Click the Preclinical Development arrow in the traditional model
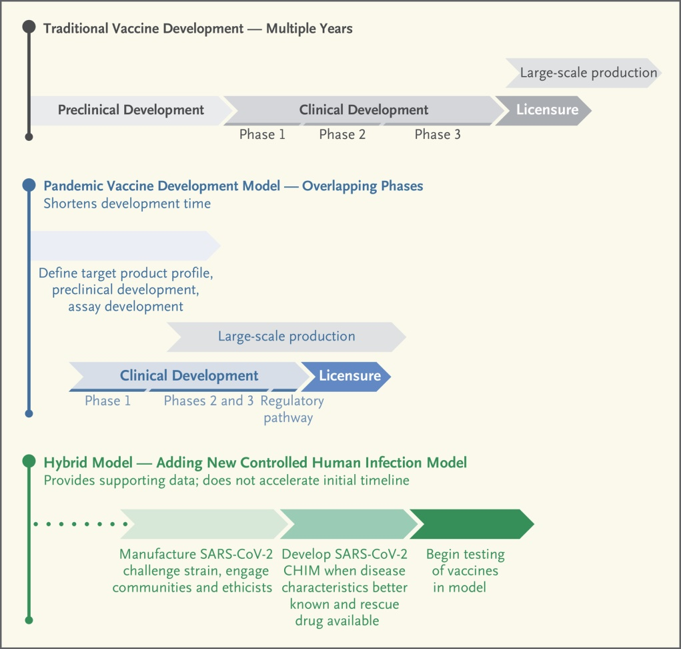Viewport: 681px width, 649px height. point(130,110)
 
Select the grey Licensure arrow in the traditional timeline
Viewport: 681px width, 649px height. point(544,110)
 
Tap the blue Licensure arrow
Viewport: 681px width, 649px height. point(348,376)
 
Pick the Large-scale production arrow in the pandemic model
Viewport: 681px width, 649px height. point(286,337)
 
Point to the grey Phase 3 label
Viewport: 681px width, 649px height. point(438,135)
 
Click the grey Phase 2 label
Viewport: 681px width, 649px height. point(342,135)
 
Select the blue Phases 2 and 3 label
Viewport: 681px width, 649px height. point(209,401)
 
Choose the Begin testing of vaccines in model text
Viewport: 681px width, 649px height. point(464,571)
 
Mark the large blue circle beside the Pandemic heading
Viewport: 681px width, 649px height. point(29,185)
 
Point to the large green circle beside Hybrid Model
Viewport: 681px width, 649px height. point(29,461)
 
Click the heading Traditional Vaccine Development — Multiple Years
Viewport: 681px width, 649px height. point(197,29)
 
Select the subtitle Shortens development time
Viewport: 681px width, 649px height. point(127,204)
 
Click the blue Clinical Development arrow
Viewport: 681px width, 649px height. point(189,376)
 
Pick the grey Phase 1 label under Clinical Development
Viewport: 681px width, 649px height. point(262,135)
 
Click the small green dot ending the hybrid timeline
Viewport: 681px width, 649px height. point(29,620)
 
